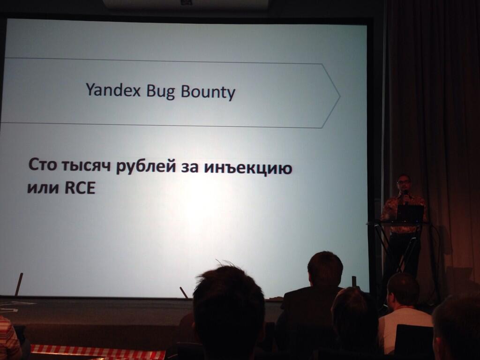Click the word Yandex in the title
[x=113, y=90]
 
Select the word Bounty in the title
[x=208, y=92]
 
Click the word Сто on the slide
[x=43, y=165]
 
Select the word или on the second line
[x=43, y=188]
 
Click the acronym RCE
[x=80, y=188]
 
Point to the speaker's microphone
[x=406, y=195]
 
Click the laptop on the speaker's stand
[x=410, y=213]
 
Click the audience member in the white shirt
[x=403, y=315]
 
